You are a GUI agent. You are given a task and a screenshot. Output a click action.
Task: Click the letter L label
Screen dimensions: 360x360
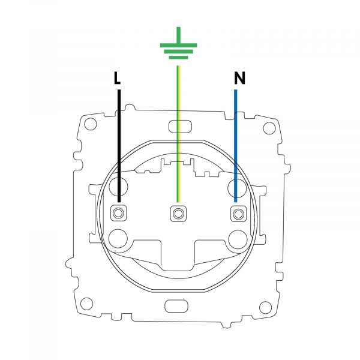pyautogui.click(x=117, y=78)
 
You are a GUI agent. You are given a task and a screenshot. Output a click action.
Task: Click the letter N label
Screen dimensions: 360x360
pyautogui.click(x=239, y=78)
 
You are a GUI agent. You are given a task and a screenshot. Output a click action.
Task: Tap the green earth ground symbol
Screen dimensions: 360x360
pyautogui.click(x=178, y=43)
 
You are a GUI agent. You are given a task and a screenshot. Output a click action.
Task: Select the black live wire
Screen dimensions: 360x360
pyautogui.click(x=119, y=146)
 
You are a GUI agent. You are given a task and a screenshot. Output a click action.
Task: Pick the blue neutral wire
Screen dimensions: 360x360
pyautogui.click(x=236, y=146)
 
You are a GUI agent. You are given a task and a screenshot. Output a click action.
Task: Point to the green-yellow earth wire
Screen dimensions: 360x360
pyautogui.click(x=178, y=134)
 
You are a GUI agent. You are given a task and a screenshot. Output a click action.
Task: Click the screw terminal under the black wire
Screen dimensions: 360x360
pyautogui.click(x=118, y=213)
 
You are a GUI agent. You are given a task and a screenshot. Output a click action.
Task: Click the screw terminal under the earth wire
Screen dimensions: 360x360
pyautogui.click(x=178, y=214)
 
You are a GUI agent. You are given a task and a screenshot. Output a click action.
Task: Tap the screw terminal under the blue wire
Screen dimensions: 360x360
pyautogui.click(x=238, y=214)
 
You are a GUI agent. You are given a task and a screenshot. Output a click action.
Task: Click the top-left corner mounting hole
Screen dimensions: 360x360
pyautogui.click(x=91, y=124)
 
